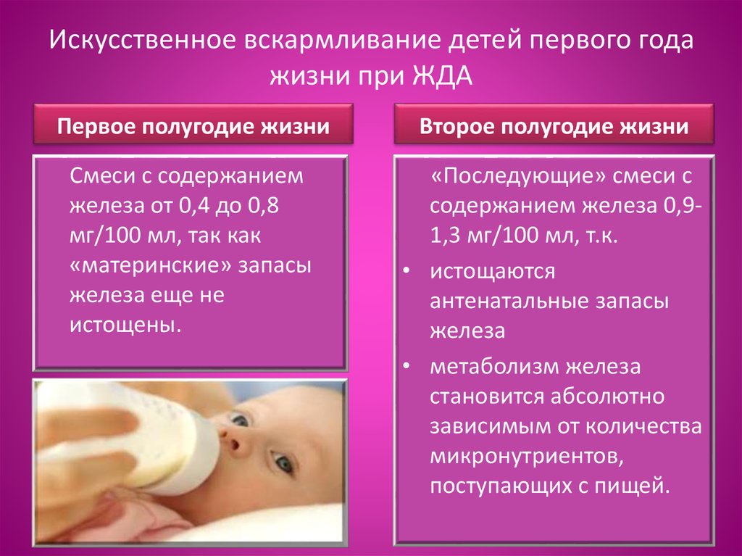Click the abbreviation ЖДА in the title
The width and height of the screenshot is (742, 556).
point(443,75)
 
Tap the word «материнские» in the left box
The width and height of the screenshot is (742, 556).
point(151,265)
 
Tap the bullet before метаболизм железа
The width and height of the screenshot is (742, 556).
point(407,367)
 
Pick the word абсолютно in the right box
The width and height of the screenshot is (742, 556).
point(607,397)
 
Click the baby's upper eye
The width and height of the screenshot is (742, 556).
point(239,420)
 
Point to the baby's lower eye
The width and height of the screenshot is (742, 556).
point(283,462)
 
